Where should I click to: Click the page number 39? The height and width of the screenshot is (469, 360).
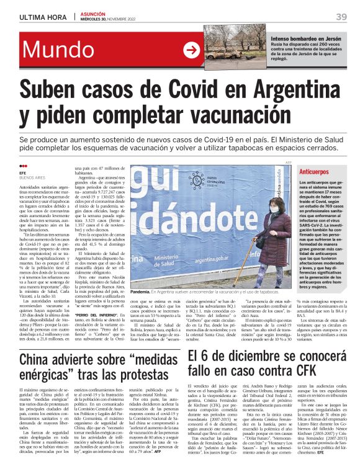tap(341, 17)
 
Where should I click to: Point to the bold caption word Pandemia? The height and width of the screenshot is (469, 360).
tap(141, 291)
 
